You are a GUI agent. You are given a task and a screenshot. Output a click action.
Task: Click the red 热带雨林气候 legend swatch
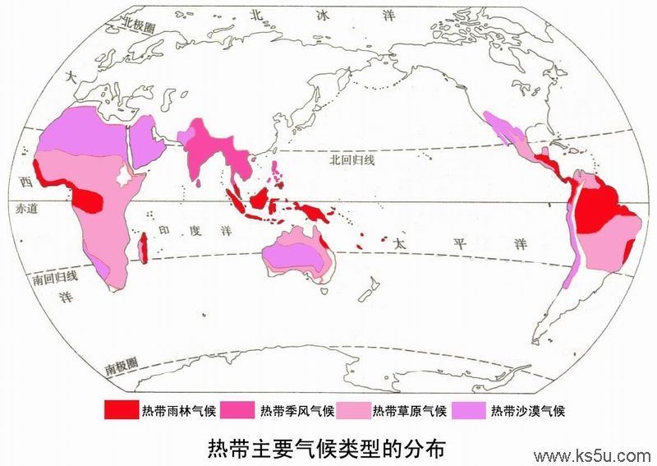pyautogui.click(x=121, y=409)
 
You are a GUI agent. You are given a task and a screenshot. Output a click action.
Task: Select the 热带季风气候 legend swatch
pyautogui.click(x=239, y=409)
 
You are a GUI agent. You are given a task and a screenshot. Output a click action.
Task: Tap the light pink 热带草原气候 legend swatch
pyautogui.click(x=354, y=409)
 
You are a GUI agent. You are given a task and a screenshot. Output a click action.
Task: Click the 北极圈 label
pyautogui.click(x=139, y=26)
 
